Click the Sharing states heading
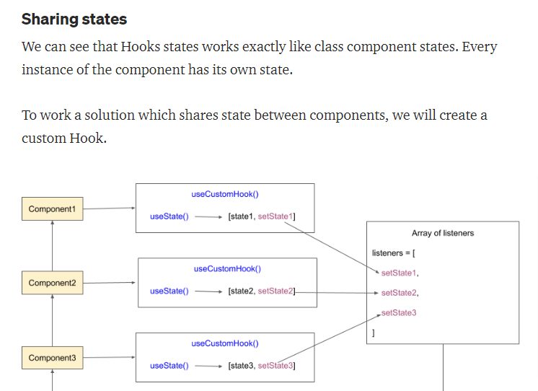[x=74, y=19]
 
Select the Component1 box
[x=52, y=209]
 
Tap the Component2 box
[x=52, y=283]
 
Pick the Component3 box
[x=52, y=358]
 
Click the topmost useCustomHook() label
[x=224, y=194]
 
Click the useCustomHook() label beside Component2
[x=227, y=268]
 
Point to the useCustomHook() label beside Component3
[x=224, y=343]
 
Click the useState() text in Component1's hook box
[x=169, y=216]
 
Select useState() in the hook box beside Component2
[x=169, y=291]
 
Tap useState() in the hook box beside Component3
[x=169, y=366]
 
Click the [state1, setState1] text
[x=261, y=216]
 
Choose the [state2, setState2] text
[x=261, y=291]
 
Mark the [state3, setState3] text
[x=261, y=366]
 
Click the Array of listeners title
[x=443, y=233]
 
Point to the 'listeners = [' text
[x=393, y=253]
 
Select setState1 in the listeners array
[x=400, y=273]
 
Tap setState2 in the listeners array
[x=400, y=293]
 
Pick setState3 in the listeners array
[x=399, y=312]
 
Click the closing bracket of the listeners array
[x=374, y=333]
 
